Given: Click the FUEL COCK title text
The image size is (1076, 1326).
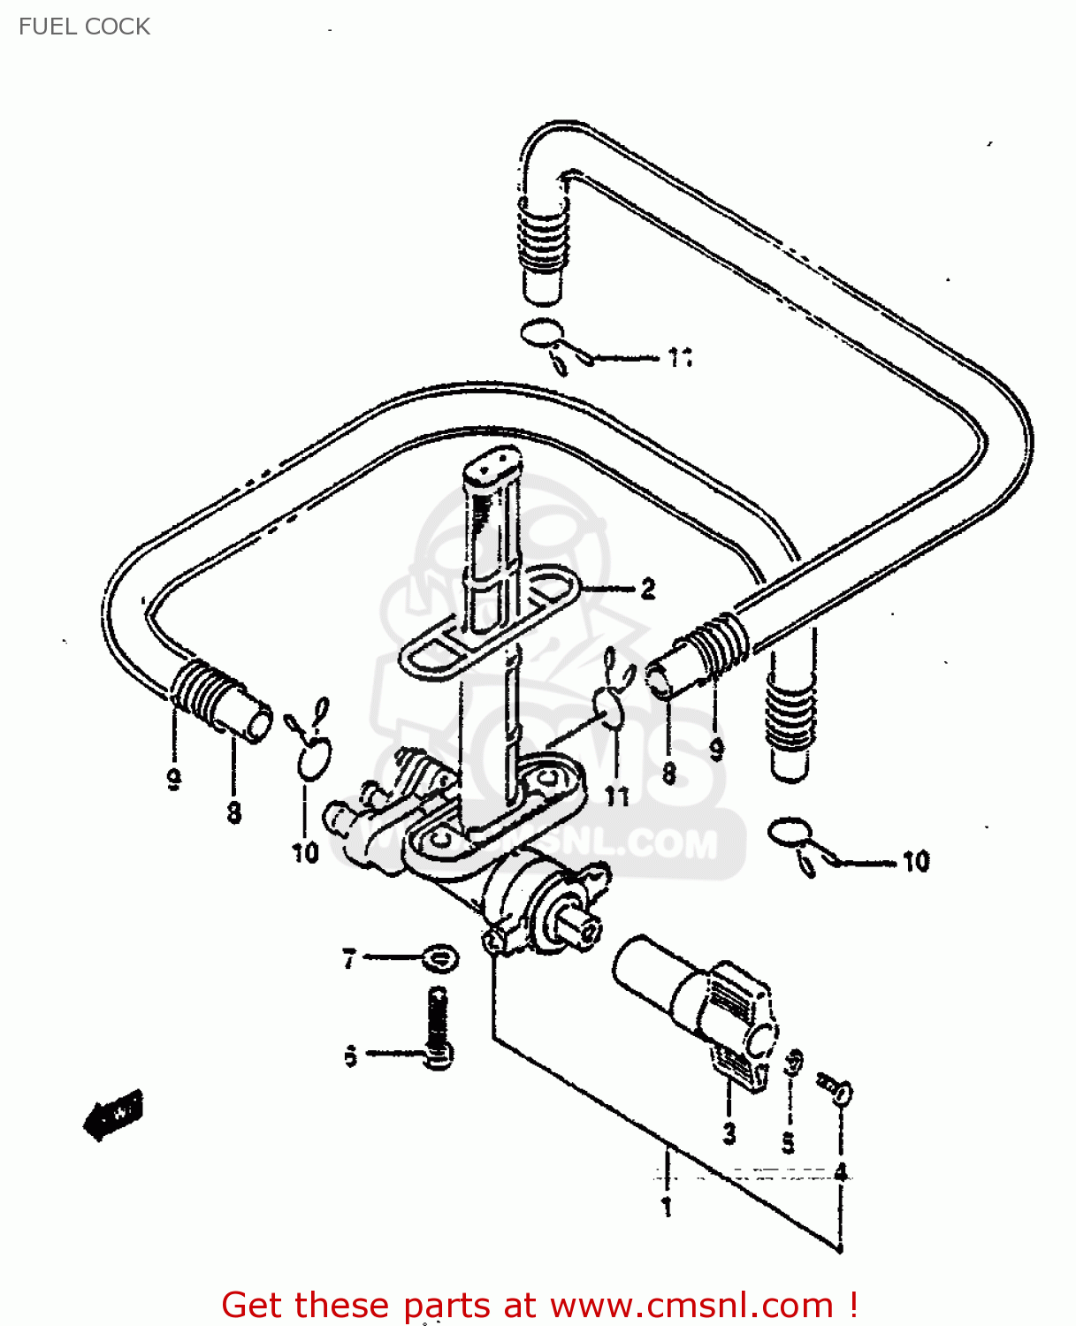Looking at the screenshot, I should [84, 27].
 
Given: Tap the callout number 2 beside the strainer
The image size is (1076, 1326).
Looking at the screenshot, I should [648, 589].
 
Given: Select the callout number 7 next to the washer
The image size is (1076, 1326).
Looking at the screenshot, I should [349, 958].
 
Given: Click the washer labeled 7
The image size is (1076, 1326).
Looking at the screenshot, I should [439, 958].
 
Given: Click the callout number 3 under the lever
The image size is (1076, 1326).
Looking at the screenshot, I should [729, 1133].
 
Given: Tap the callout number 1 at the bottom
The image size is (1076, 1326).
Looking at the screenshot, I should [667, 1206].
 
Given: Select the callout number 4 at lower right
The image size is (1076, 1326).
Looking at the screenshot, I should [841, 1172].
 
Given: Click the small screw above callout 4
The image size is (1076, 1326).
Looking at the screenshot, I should [836, 1089].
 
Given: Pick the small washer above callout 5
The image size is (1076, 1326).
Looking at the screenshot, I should [793, 1062].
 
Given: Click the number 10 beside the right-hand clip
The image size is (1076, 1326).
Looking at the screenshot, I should [916, 861].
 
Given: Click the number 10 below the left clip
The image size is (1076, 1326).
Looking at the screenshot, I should [305, 853].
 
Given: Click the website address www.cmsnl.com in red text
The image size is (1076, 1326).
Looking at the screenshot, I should [691, 1305].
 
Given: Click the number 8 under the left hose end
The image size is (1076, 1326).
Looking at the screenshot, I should [233, 812].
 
